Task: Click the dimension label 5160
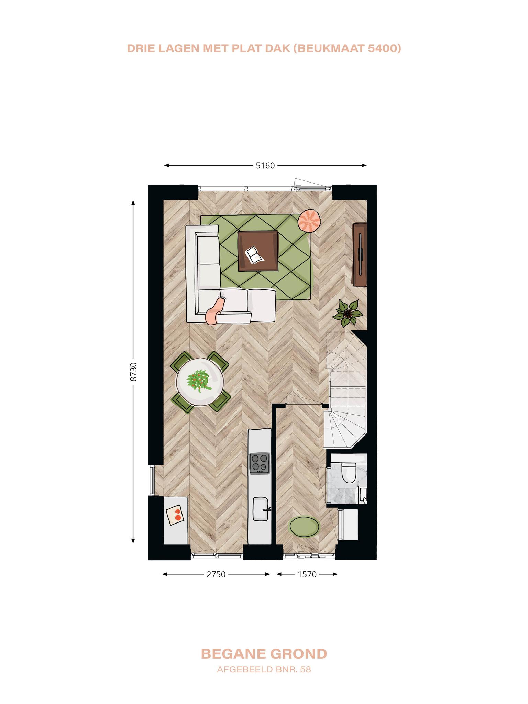coord(265,166)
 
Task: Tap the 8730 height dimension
coord(134,372)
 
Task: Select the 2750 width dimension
coord(216,574)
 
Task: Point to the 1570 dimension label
coord(307,574)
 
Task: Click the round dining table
coord(200,381)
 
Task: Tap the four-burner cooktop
coord(260,463)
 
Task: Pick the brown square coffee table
coord(258,251)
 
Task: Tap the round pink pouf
coord(309,221)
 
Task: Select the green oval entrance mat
coord(305,526)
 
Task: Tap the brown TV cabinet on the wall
coord(360,254)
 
